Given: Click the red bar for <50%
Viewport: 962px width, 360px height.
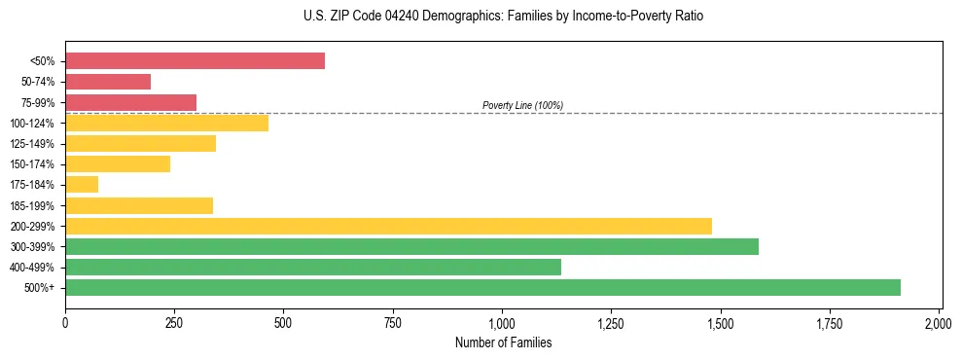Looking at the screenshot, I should [195, 61].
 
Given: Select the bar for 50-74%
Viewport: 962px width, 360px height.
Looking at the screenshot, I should [108, 82].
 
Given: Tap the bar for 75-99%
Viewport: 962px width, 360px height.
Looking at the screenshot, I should [130, 102].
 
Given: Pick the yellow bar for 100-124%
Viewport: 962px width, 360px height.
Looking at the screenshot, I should [166, 123].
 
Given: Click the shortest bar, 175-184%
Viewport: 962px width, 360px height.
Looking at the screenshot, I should [82, 184].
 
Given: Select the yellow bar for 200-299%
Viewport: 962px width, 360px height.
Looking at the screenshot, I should [388, 226].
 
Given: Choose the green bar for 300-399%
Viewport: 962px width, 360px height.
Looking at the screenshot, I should [411, 246].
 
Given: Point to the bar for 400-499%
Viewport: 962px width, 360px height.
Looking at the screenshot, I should [313, 267].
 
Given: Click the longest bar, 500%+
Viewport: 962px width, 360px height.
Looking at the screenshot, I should [482, 287].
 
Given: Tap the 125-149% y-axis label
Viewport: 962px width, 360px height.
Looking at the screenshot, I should [32, 144].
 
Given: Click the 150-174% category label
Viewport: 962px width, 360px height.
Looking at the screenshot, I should [32, 164].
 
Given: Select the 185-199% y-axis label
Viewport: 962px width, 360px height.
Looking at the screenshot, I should [32, 205].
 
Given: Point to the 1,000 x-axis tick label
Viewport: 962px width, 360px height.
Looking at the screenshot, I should [502, 322].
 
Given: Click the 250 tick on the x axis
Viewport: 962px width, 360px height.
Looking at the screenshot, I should [174, 322].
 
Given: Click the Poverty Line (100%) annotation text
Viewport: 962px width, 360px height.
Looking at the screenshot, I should [522, 105].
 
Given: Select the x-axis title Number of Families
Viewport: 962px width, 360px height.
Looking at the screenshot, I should [503, 342].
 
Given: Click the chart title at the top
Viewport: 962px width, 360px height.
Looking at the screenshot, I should [503, 17].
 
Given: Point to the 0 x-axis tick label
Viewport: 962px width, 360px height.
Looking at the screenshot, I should [65, 322].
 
